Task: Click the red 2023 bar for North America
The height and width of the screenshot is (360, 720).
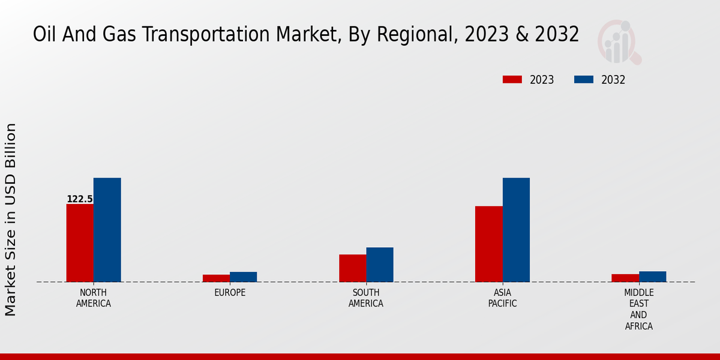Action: [x=80, y=243]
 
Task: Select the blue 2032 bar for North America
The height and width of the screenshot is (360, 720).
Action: [x=107, y=230]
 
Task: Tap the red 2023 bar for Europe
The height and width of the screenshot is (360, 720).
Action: [x=216, y=278]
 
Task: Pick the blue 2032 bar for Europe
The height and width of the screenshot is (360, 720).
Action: [x=243, y=277]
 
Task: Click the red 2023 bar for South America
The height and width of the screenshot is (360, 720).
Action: [x=352, y=268]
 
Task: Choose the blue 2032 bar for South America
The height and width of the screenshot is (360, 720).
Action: [x=380, y=265]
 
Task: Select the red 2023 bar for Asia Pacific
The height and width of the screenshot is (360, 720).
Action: [x=488, y=244]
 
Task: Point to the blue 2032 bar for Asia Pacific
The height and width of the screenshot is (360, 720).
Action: [x=516, y=230]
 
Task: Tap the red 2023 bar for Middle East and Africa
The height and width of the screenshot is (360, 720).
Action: [x=625, y=278]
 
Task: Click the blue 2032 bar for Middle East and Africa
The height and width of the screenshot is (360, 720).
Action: [x=652, y=277]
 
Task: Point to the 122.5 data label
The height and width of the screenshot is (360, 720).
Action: [x=80, y=199]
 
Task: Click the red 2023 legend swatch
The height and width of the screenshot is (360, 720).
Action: [x=512, y=80]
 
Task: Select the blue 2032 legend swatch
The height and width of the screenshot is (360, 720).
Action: [x=584, y=80]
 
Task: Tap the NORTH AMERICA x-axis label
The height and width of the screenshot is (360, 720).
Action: [x=94, y=298]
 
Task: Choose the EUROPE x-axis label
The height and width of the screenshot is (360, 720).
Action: [x=230, y=293]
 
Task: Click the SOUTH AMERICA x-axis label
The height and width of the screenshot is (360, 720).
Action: [x=366, y=298]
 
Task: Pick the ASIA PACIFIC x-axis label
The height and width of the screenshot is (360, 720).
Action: [x=502, y=298]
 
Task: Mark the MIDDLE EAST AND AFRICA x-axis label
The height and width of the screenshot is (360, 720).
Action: [x=638, y=310]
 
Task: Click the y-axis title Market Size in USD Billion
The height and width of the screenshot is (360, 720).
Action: [x=11, y=220]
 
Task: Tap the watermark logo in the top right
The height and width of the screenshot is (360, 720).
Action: [x=619, y=42]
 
